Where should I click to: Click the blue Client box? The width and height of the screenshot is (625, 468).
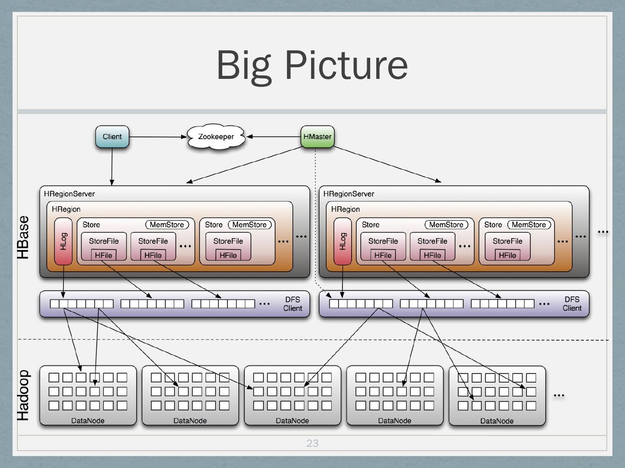pyautogui.click(x=112, y=136)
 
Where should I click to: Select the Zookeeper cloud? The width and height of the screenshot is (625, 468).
pyautogui.click(x=216, y=137)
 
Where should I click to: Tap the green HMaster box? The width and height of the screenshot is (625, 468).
pyautogui.click(x=317, y=136)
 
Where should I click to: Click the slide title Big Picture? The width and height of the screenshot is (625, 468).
pyautogui.click(x=312, y=65)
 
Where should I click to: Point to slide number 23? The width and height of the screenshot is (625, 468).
pyautogui.click(x=312, y=443)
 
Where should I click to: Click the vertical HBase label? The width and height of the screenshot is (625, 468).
pyautogui.click(x=23, y=237)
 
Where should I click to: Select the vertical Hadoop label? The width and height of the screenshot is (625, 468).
pyautogui.click(x=23, y=395)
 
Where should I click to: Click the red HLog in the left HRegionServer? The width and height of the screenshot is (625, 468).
pyautogui.click(x=63, y=241)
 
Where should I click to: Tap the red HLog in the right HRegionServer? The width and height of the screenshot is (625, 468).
pyautogui.click(x=342, y=241)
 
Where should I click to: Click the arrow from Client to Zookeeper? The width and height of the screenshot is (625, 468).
pyautogui.click(x=158, y=137)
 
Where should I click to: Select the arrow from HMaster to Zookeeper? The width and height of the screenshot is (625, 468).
pyautogui.click(x=273, y=136)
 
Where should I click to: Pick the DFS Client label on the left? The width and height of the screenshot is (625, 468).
pyautogui.click(x=293, y=304)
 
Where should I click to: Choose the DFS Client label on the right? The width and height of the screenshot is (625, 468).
pyautogui.click(x=572, y=304)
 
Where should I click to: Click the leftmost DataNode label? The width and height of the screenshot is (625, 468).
pyautogui.click(x=88, y=420)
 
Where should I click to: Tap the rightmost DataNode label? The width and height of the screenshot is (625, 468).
pyautogui.click(x=497, y=421)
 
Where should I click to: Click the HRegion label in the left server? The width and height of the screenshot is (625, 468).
pyautogui.click(x=66, y=209)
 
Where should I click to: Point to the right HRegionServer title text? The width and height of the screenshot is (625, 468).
pyautogui.click(x=349, y=194)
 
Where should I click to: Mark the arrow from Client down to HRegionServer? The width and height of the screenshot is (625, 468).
pyautogui.click(x=112, y=167)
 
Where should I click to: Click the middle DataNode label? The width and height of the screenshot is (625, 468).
pyautogui.click(x=292, y=420)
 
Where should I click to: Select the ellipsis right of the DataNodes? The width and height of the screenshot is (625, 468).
pyautogui.click(x=559, y=395)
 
